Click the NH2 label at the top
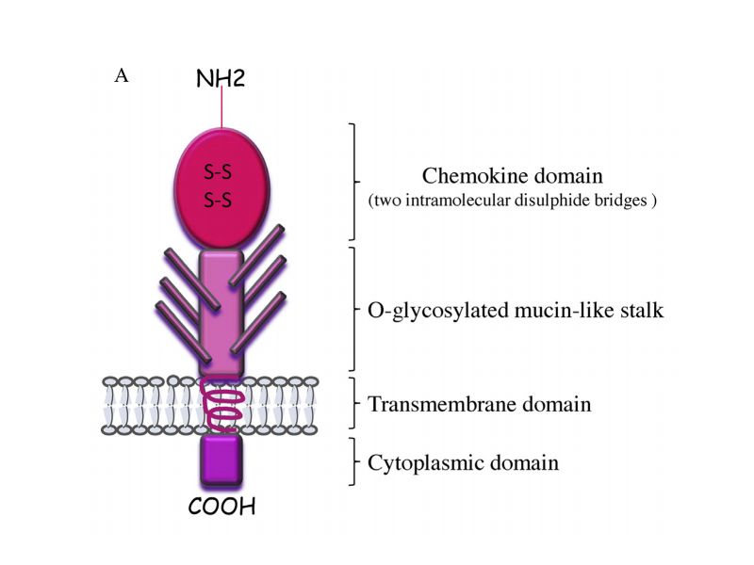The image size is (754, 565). [x=221, y=78]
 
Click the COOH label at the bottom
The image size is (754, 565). [x=222, y=508]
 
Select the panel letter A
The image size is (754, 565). [x=121, y=75]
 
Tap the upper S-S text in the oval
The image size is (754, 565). [x=220, y=172]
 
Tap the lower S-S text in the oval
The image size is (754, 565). [x=220, y=199]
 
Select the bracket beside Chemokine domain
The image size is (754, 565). [x=354, y=181]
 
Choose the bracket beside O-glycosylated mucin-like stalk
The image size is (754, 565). [x=354, y=308]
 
